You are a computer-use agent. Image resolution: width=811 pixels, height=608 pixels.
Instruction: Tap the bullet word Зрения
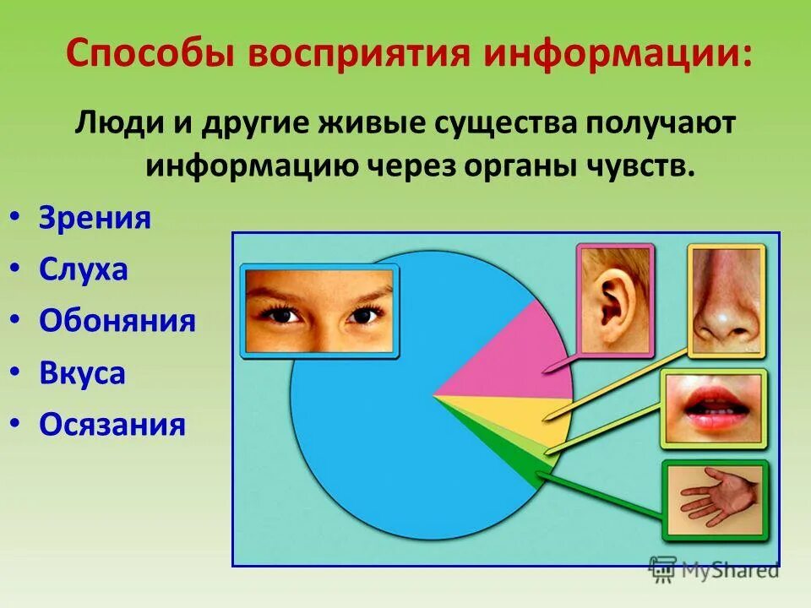pos(95,219)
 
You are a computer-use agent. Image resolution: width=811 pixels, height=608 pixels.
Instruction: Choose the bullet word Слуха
pos(83,270)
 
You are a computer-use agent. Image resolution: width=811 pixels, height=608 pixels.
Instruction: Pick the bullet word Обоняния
pos(117,322)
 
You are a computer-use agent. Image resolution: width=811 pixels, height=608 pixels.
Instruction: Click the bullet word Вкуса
pos(82,373)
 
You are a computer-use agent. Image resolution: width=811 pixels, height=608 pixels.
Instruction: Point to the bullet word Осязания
pos(112,425)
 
